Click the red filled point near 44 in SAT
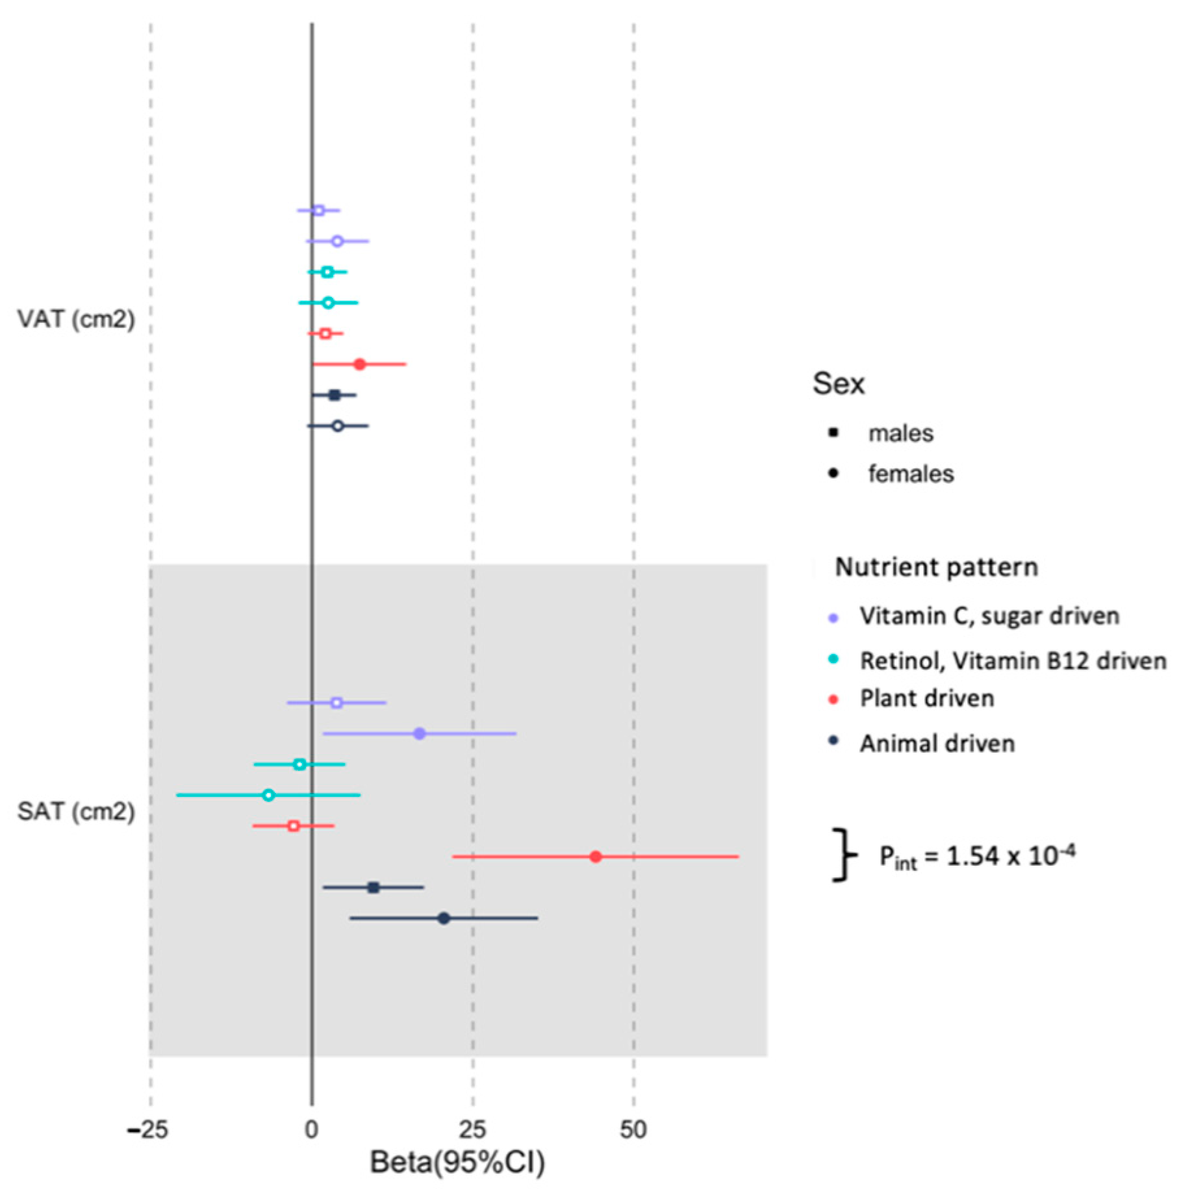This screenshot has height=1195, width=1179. click(x=596, y=857)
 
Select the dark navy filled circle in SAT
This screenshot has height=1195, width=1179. click(x=444, y=918)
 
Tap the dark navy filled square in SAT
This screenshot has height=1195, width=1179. click(x=374, y=887)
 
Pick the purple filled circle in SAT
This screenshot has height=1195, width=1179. click(x=420, y=734)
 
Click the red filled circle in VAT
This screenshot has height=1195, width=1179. click(x=360, y=364)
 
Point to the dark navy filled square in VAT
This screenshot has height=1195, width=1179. click(x=335, y=395)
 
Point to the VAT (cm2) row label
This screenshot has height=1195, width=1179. click(x=76, y=319)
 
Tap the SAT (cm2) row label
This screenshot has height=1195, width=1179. click(x=76, y=811)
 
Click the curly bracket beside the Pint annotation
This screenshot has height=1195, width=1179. click(x=844, y=855)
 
